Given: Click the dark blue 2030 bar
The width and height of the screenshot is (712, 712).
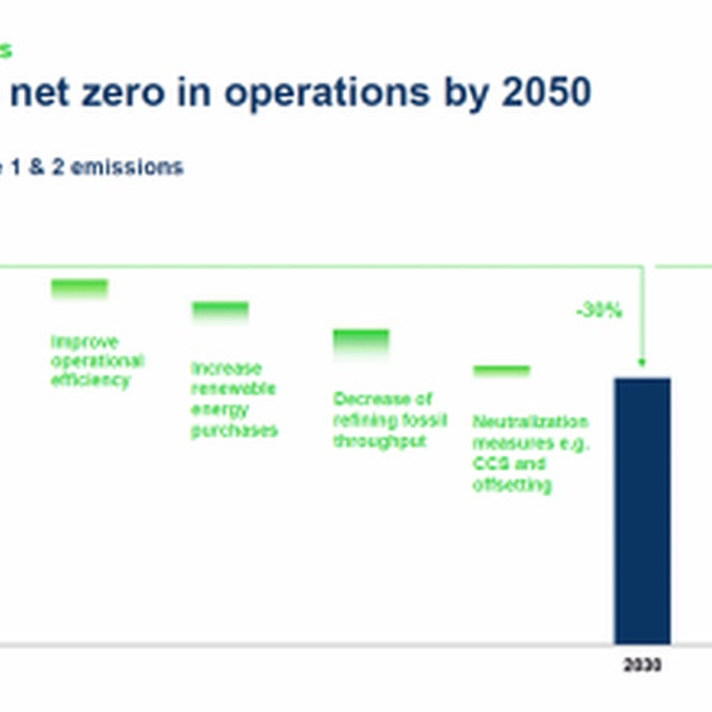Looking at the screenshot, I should (x=642, y=509).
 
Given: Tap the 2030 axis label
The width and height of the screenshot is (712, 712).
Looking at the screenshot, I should (x=642, y=666).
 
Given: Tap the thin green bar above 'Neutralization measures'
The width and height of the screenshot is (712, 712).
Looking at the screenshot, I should (x=501, y=371).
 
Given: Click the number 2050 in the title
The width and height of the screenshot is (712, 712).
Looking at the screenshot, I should (x=546, y=92).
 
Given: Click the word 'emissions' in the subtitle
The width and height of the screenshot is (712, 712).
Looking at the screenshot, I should (x=127, y=167).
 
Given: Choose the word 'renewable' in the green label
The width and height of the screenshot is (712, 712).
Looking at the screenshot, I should (x=233, y=389).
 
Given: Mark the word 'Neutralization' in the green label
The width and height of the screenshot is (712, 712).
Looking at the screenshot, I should (x=530, y=422).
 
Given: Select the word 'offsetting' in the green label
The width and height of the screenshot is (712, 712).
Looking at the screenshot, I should (x=512, y=485).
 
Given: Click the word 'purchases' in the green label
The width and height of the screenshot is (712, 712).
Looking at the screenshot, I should (x=234, y=431).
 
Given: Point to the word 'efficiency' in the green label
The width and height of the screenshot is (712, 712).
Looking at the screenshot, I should (x=90, y=380).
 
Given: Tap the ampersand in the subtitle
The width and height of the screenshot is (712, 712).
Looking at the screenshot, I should (x=36, y=167).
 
